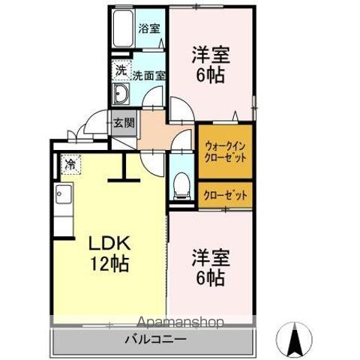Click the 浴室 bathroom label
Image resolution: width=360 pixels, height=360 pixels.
(149, 29)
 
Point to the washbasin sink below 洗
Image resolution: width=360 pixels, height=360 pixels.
(121, 94)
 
